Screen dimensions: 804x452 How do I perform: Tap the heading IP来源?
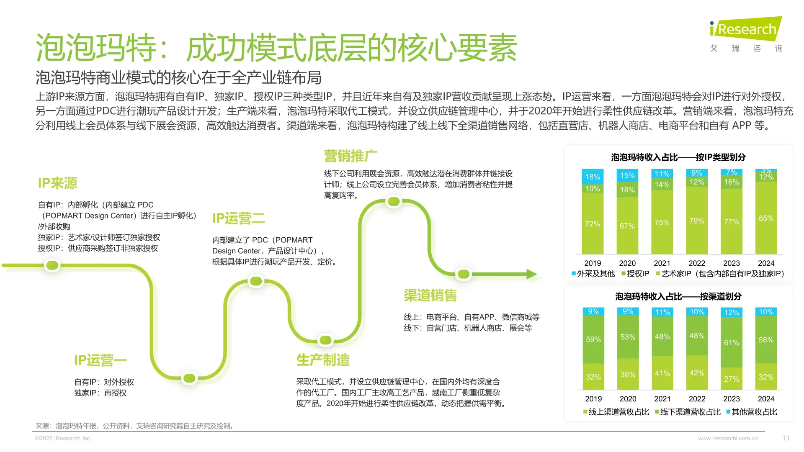tap(57, 183)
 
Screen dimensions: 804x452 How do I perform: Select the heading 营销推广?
tap(350, 156)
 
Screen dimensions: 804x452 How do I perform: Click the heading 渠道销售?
tap(430, 295)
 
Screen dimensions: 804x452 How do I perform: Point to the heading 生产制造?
tap(322, 360)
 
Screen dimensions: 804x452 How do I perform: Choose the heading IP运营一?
tap(100, 360)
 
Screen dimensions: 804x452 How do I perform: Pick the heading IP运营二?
tap(238, 218)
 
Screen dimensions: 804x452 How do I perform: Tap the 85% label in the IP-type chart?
tap(766, 218)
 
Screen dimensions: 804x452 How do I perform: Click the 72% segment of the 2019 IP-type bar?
tap(593, 224)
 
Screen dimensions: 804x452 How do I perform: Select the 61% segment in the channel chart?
tap(732, 343)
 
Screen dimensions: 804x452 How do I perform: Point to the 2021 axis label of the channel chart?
tap(662, 399)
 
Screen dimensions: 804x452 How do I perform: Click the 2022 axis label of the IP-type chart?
tap(697, 263)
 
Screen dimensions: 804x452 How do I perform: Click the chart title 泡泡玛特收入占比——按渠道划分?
tap(678, 297)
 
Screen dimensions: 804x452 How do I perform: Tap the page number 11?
tap(786, 438)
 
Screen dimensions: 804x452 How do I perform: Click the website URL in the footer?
tap(728, 439)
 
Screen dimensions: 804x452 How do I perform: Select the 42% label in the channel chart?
tap(697, 373)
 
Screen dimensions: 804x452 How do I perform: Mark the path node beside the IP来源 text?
tap(52, 265)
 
